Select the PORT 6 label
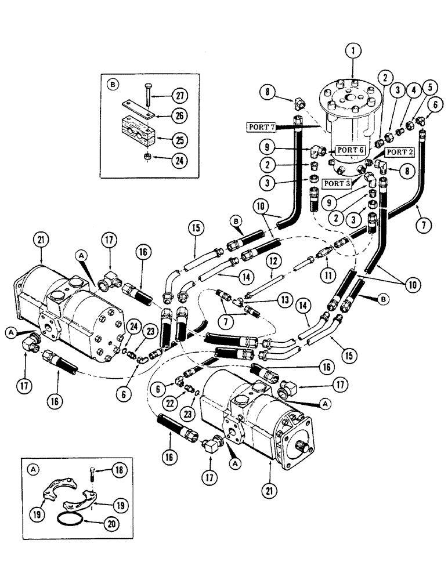351,150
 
